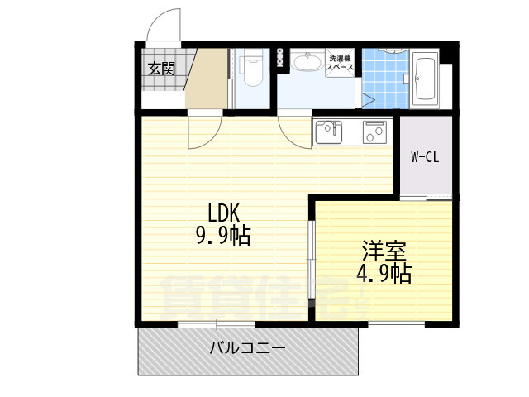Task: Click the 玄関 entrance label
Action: (x=162, y=69)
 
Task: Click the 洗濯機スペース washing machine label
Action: (x=340, y=63)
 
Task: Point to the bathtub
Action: (x=424, y=79)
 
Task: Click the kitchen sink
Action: (x=329, y=132)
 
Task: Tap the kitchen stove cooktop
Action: (x=374, y=132)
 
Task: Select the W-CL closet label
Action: (x=425, y=157)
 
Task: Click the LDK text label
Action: (x=223, y=213)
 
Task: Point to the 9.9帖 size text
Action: (x=223, y=236)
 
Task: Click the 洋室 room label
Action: (x=384, y=251)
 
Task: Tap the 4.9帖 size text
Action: (x=384, y=273)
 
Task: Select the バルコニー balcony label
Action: (x=248, y=347)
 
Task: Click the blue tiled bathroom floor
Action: (x=385, y=79)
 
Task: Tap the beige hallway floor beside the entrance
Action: (x=207, y=79)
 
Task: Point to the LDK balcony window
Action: (x=217, y=324)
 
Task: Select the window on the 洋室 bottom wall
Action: (x=396, y=324)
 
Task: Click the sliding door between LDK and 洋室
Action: (x=312, y=259)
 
